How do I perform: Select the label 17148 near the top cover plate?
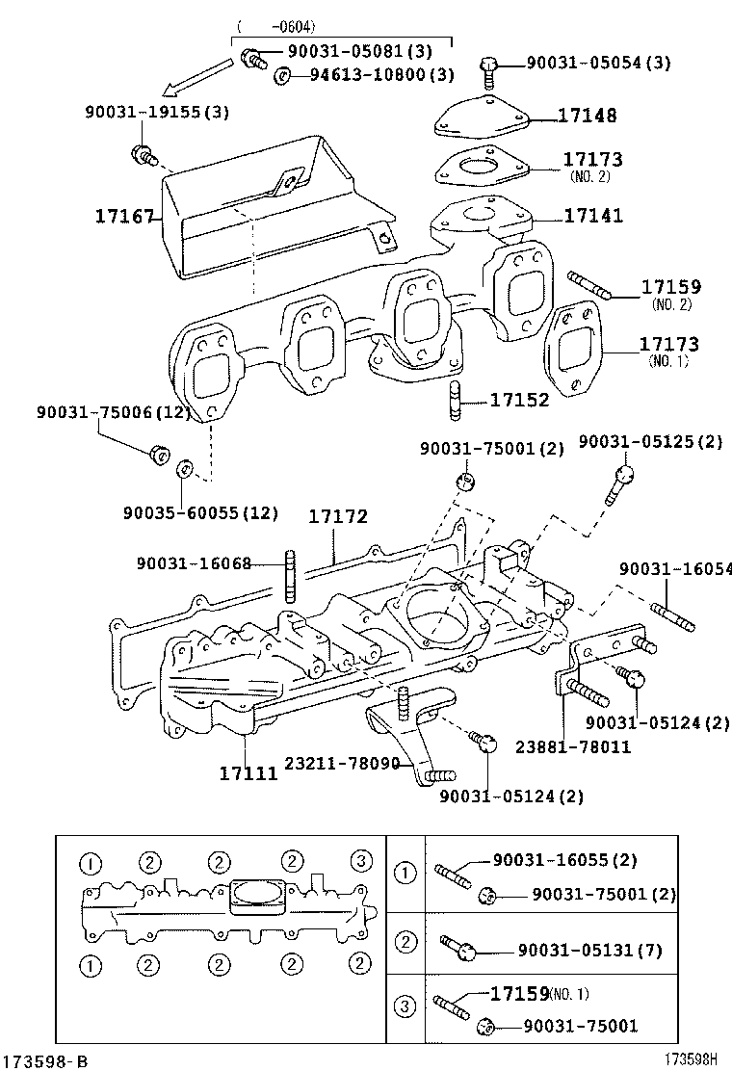587,117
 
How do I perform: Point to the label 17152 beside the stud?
519,399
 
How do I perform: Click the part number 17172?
338,518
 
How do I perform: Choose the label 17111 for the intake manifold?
248,772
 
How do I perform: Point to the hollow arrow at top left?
196,78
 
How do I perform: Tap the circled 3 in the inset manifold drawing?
360,860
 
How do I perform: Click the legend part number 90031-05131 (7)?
589,951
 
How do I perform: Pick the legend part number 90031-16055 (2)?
564,860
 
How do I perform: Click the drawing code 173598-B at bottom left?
45,1060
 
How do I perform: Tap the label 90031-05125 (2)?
649,441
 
